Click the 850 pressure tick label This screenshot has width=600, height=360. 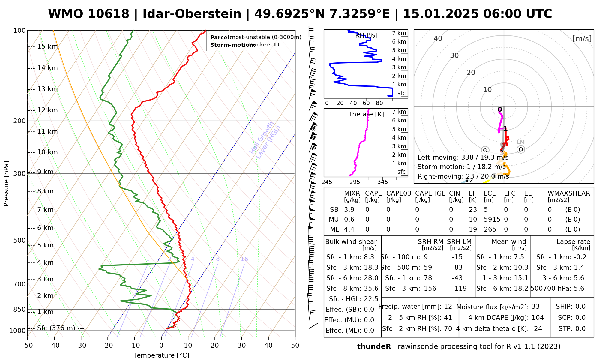click(x=20, y=309)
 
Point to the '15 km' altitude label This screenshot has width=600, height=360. click(x=47, y=46)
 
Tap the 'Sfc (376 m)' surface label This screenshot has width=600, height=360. click(x=56, y=328)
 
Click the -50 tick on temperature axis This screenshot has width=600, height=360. click(x=27, y=346)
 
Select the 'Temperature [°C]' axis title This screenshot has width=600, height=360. click(x=161, y=355)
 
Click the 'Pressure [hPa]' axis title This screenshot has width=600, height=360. click(x=6, y=184)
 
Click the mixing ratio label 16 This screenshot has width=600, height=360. click(x=244, y=259)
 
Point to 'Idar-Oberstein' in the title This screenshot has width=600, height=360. click(x=192, y=14)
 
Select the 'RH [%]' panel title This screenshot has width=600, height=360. click(x=366, y=35)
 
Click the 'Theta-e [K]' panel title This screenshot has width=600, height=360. click(x=366, y=114)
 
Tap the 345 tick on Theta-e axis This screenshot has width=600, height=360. click(x=382, y=182)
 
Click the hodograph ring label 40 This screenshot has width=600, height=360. click(x=438, y=38)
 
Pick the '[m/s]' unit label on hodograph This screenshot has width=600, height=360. click(x=582, y=38)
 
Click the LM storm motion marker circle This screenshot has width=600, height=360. click(x=521, y=149)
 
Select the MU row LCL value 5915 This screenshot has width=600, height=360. click(x=492, y=220)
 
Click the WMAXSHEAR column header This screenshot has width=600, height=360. click(x=569, y=193)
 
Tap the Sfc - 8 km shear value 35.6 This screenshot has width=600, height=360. click(x=371, y=289)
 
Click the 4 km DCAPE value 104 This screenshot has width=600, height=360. click(x=538, y=318)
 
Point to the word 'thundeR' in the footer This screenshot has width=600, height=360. click(x=374, y=347)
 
